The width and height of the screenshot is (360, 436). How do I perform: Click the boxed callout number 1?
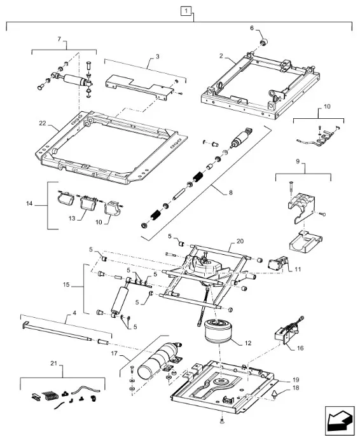[186, 11]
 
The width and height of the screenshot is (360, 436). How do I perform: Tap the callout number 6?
[252, 28]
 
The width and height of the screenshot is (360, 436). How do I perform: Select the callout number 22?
[43, 123]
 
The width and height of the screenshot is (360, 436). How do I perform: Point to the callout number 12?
[247, 343]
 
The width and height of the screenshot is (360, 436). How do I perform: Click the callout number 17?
[114, 353]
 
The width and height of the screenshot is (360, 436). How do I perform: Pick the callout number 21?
[53, 363]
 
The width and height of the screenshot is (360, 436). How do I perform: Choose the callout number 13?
[72, 218]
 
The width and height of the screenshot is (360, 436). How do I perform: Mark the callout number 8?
[231, 193]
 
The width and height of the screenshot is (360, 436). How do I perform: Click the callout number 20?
[240, 241]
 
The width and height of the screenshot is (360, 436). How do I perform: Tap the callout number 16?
[300, 348]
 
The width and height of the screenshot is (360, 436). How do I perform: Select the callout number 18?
[296, 387]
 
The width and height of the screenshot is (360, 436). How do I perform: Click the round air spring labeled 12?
[218, 331]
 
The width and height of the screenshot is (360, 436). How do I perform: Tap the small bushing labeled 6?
[263, 43]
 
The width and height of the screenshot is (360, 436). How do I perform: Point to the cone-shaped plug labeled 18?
[275, 395]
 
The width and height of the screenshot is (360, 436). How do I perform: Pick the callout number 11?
[298, 269]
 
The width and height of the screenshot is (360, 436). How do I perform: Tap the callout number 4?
[74, 313]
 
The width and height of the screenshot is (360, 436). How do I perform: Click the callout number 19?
[296, 379]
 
